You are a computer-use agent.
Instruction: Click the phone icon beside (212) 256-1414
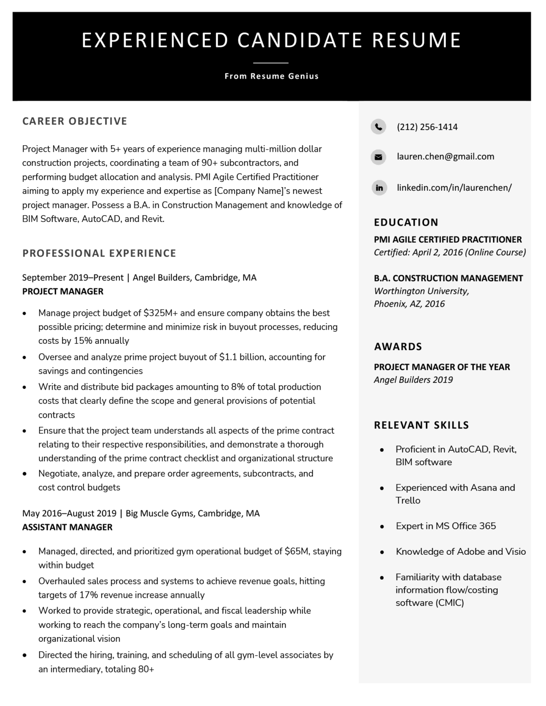point(378,126)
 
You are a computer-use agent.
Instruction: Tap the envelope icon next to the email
point(378,157)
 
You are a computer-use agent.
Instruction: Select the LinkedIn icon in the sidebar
point(379,188)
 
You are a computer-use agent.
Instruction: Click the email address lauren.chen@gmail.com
point(445,156)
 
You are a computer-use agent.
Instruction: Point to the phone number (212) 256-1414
point(427,127)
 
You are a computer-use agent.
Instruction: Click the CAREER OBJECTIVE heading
point(75,121)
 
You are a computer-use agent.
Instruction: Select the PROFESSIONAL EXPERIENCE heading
point(99,253)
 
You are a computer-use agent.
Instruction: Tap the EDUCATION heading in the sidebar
point(406,222)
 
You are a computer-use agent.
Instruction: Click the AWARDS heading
point(398,347)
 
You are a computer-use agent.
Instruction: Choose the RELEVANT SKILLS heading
point(421,425)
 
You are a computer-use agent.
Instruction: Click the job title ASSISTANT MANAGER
point(67,527)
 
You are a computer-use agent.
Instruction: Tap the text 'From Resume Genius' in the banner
point(271,76)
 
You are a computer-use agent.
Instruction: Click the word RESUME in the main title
point(416,40)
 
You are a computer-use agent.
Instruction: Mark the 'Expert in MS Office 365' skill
point(445,526)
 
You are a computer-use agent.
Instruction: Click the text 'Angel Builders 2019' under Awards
point(413,380)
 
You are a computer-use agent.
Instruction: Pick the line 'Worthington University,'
point(421,291)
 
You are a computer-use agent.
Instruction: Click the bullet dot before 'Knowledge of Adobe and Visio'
point(382,552)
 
